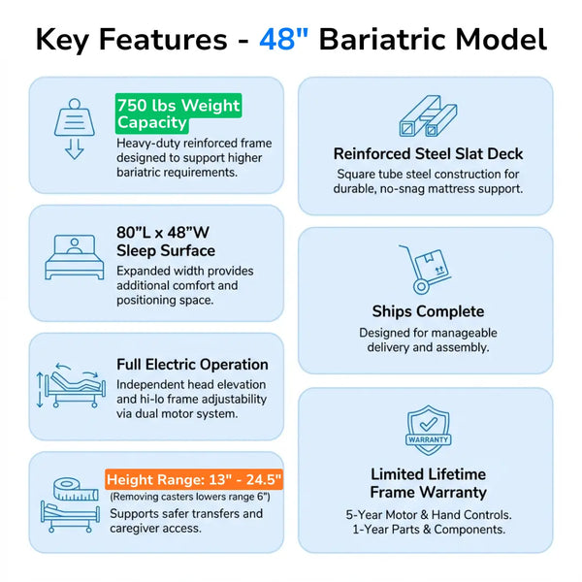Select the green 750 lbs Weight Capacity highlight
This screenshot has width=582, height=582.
(x=177, y=113)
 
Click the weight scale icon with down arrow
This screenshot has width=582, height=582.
(x=74, y=127)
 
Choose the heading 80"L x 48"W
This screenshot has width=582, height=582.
(x=163, y=232)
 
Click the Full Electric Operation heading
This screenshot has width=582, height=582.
(x=192, y=365)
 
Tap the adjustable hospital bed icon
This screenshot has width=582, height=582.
(x=68, y=387)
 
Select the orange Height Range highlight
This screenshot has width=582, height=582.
(x=194, y=479)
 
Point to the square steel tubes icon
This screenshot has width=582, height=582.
(x=427, y=116)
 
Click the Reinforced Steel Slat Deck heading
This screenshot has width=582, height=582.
(x=428, y=153)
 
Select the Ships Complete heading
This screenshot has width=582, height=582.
(x=428, y=311)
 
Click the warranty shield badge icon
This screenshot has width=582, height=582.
(x=428, y=432)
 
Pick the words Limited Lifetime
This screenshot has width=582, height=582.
(x=428, y=473)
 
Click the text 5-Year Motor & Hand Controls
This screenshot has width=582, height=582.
(x=428, y=514)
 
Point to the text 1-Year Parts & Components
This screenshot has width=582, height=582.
(x=428, y=530)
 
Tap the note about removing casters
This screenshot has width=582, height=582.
(x=190, y=497)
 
